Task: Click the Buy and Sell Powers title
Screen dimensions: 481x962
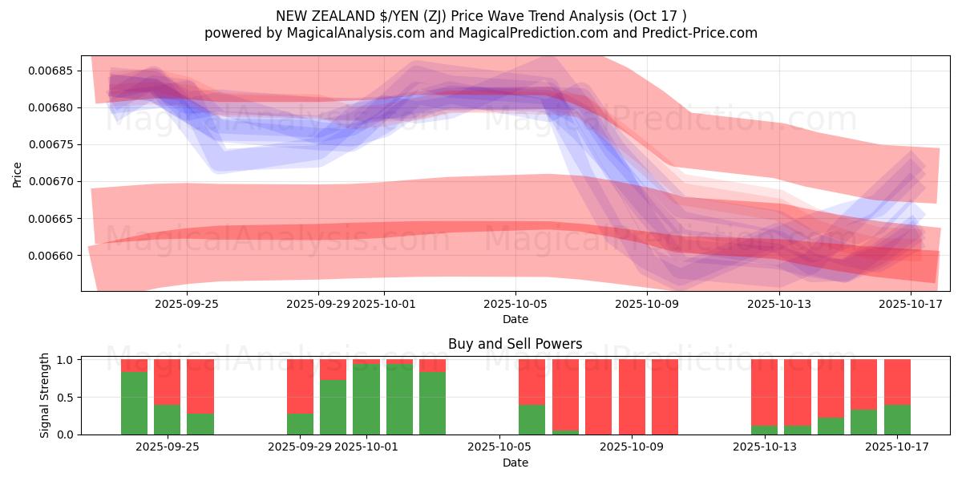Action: pos(515,344)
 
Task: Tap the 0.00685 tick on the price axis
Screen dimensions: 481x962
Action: pos(51,71)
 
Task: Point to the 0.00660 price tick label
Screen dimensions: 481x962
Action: pos(51,256)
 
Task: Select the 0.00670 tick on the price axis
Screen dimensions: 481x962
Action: pos(51,182)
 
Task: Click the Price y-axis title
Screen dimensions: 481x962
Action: pos(18,173)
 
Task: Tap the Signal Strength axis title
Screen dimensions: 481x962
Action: pos(45,395)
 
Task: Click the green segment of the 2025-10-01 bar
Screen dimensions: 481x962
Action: pos(366,399)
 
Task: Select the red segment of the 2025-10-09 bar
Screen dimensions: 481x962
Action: pos(632,397)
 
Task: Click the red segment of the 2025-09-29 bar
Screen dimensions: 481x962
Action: pos(300,386)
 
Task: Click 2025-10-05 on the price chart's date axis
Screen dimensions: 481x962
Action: pos(515,304)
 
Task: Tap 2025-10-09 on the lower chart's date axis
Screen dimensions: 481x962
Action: pos(632,447)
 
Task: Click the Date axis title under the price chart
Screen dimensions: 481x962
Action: pos(515,319)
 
